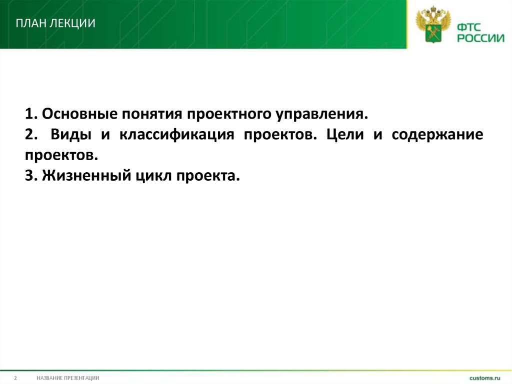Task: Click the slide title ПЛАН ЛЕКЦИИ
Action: pos(55,24)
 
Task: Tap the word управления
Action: pos(321,115)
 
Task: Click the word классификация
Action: pos(177,135)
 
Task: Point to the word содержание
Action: pos(437,135)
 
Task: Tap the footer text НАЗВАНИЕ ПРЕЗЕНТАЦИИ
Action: pos(67,377)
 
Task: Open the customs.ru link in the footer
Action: pos(484,377)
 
